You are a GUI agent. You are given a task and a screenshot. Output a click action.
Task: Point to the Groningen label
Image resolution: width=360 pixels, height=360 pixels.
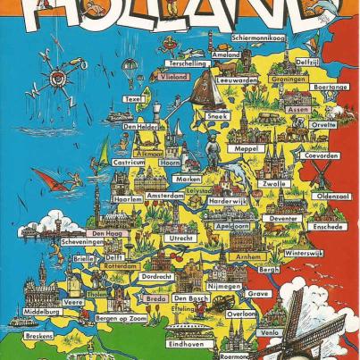pyautogui.click(x=264, y=78)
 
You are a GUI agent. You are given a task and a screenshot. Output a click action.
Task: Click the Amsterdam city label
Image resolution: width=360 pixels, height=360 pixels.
pyautogui.click(x=166, y=196)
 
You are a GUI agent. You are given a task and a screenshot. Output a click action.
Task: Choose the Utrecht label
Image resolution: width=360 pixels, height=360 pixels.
pyautogui.click(x=181, y=239)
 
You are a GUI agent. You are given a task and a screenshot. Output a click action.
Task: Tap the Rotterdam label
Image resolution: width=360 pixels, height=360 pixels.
pyautogui.click(x=120, y=266)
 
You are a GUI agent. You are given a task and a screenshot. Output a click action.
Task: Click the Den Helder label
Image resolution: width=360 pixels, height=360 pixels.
pyautogui.click(x=143, y=127)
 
